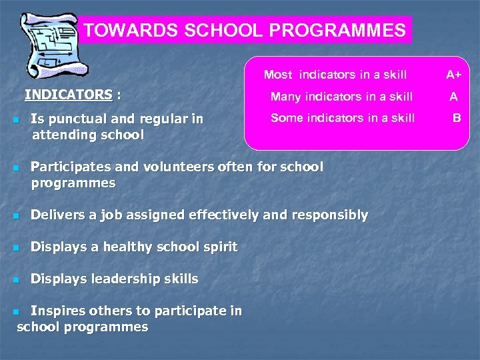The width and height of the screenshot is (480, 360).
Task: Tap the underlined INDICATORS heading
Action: point(69,95)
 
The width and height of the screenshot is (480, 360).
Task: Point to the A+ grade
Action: point(455,75)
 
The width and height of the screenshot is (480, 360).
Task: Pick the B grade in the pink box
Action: point(457,118)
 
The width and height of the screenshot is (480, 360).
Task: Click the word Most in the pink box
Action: point(278,75)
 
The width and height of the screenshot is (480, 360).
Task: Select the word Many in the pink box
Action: point(285,97)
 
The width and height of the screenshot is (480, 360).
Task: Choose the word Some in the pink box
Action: point(285,118)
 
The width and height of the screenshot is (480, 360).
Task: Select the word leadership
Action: point(127,279)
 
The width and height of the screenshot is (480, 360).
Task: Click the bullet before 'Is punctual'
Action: point(15,121)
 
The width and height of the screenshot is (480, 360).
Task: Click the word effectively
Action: point(227,215)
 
